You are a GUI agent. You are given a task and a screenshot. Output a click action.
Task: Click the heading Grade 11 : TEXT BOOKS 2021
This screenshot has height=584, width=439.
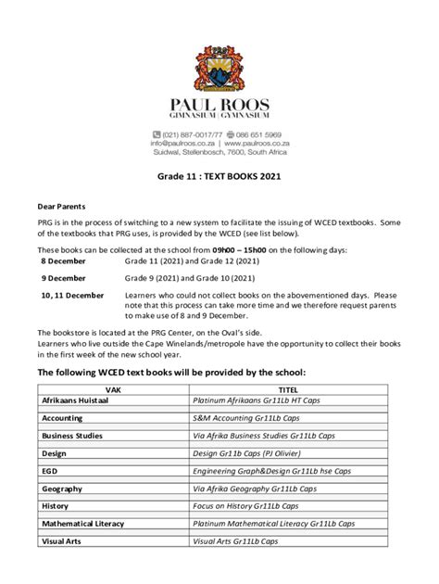pos(219,175)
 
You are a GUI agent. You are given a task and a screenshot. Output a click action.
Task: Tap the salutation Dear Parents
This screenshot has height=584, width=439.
pos(61,208)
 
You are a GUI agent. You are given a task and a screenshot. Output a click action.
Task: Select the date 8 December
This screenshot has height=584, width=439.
pos(64,262)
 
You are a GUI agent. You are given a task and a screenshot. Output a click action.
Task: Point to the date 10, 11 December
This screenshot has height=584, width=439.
pos(73,296)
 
